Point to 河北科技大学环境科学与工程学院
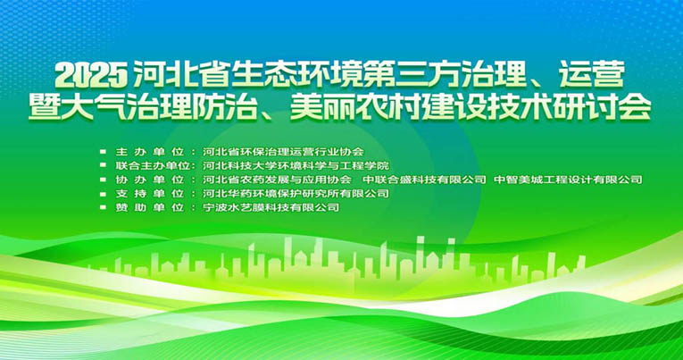click(296, 166)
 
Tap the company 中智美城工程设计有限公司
click(568, 180)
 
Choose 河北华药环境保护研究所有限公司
click(296, 193)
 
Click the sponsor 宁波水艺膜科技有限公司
click(271, 207)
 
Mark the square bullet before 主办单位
click(104, 152)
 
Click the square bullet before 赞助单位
click(104, 207)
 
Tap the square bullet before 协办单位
click(104, 180)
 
